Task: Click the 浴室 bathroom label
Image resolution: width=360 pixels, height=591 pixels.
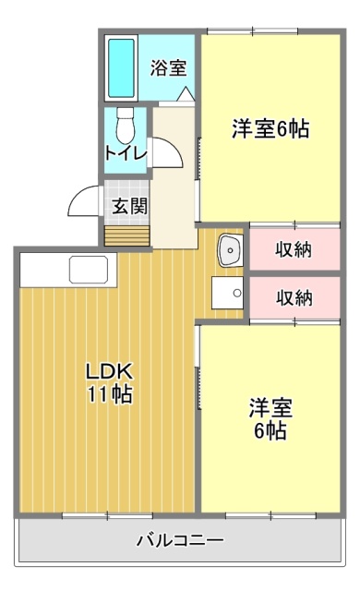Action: (168, 67)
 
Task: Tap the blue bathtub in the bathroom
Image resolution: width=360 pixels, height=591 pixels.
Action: (121, 68)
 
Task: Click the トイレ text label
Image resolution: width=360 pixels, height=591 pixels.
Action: (125, 154)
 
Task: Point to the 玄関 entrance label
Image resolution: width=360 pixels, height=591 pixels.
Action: (129, 206)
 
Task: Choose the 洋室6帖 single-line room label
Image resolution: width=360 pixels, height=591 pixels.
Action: (269, 129)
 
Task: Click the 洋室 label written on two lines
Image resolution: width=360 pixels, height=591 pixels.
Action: (270, 418)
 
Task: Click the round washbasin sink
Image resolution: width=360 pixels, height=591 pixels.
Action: (229, 249)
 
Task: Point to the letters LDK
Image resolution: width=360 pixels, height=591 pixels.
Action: (110, 371)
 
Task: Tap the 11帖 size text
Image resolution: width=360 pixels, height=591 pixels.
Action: (110, 395)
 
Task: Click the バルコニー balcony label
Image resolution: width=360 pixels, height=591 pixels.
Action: (179, 539)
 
